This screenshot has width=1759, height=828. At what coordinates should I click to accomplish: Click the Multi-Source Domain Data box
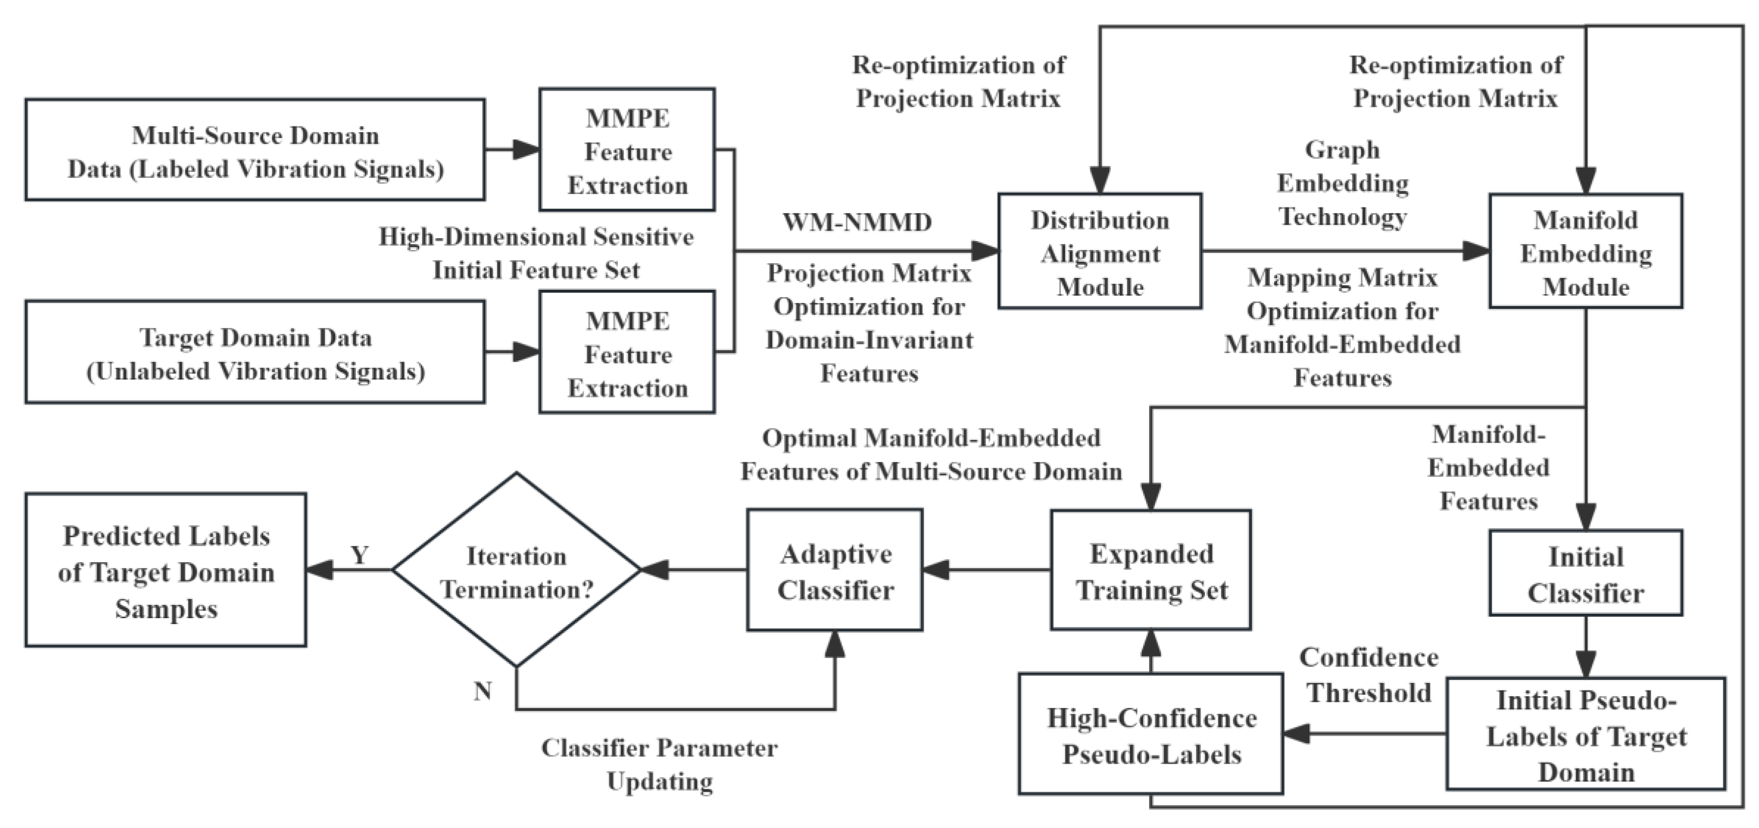pyautogui.click(x=255, y=150)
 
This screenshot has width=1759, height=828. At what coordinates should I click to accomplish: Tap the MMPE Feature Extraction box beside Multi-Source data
pyautogui.click(x=627, y=150)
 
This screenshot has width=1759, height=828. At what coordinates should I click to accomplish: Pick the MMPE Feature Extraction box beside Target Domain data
pyautogui.click(x=627, y=353)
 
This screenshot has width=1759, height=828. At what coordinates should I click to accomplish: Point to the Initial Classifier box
pyautogui.click(x=1585, y=574)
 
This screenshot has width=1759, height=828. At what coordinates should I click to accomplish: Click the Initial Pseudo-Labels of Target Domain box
pyautogui.click(x=1585, y=734)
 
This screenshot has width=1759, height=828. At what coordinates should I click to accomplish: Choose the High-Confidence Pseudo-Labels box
pyautogui.click(x=1151, y=734)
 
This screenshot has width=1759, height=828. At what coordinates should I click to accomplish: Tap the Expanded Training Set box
pyautogui.click(x=1151, y=570)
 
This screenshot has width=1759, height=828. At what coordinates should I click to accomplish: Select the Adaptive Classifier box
pyautogui.click(x=834, y=570)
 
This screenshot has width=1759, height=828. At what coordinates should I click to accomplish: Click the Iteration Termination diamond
pyautogui.click(x=516, y=570)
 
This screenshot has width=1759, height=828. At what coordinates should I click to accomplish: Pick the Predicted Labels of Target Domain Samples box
pyautogui.click(x=166, y=570)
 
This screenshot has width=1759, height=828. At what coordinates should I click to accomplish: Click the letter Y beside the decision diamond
pyautogui.click(x=359, y=555)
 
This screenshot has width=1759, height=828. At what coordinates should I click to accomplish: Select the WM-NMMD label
pyautogui.click(x=856, y=223)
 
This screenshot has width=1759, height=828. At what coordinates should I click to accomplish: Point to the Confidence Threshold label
pyautogui.click(x=1368, y=675)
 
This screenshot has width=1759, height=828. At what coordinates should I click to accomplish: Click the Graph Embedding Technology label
pyautogui.click(x=1342, y=183)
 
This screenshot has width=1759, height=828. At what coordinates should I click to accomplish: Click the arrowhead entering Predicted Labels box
pyautogui.click(x=319, y=570)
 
